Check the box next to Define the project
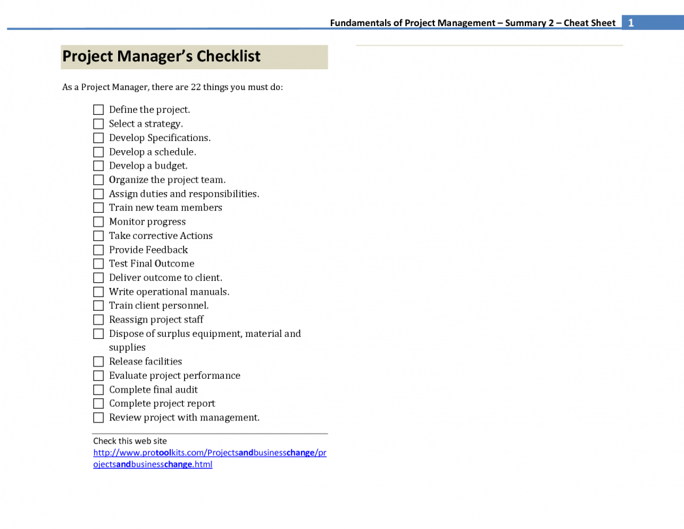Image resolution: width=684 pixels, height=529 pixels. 99,110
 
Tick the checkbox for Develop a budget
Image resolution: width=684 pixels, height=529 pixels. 99,166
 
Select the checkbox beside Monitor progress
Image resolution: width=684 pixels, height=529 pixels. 99,222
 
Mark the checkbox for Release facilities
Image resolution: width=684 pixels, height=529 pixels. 99,362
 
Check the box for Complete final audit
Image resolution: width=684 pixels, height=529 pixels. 99,390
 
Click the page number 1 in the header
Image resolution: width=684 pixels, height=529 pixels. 631,23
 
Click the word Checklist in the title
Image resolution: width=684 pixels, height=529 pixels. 228,57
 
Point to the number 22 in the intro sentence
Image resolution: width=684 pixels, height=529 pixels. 196,87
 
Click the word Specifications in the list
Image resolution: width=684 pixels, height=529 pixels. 179,138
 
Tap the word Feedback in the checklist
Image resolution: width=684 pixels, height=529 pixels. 166,249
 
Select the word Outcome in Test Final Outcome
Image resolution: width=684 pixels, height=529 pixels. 174,264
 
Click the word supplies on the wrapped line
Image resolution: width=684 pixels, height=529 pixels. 127,347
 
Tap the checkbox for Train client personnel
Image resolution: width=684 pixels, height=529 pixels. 99,306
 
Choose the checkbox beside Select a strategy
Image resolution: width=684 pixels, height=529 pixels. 99,124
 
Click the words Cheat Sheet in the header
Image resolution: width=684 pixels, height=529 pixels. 589,23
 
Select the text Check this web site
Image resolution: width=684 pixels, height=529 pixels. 130,441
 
